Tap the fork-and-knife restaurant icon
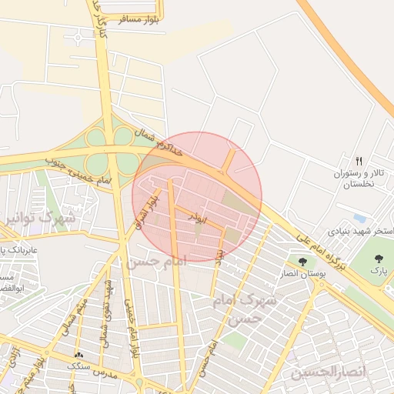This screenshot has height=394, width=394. coord(359,161)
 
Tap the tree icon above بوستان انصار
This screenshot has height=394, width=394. coord(302,262)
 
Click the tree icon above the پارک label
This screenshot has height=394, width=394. coord(378,259)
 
